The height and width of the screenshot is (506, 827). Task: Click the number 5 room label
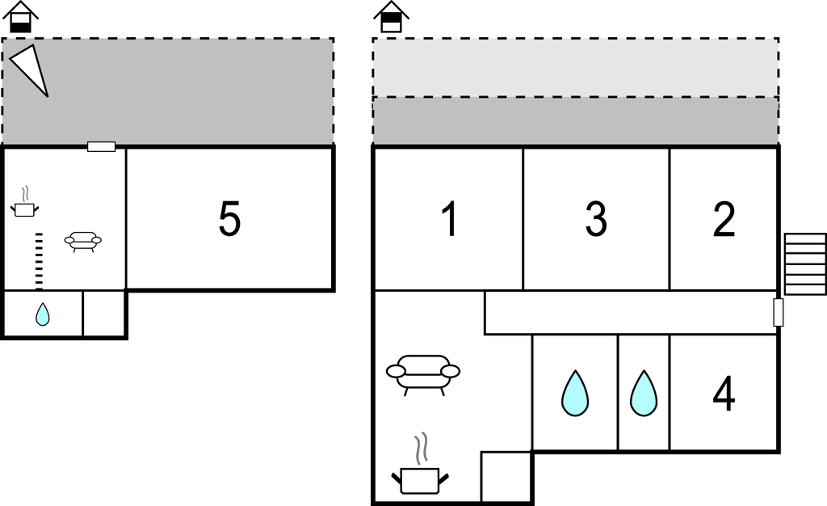pos(229,219)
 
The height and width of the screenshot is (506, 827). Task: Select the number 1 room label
pos(449,219)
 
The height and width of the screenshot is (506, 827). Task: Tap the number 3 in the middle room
pos(596,219)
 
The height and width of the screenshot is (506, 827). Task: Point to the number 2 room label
pos(724,219)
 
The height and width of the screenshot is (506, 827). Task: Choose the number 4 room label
pos(724,394)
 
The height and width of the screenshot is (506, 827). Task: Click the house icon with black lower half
pos(21,18)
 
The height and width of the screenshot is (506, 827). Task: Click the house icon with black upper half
pos(392,18)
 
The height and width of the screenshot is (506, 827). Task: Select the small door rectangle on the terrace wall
pos(101,146)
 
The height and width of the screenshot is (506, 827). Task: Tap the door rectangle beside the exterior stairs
pos(778,312)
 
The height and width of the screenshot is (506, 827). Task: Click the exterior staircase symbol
pos(805,264)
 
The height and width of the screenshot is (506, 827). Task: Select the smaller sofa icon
pos(83,241)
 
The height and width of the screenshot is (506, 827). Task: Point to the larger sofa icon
pos(422,375)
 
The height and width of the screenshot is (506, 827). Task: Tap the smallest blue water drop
pos(43,314)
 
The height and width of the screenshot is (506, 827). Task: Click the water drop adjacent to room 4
pos(644,393)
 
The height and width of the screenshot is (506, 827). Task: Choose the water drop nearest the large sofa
pos(575,393)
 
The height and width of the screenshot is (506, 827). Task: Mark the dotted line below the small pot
pos(38,260)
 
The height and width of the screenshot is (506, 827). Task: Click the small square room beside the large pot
pos(506,477)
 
